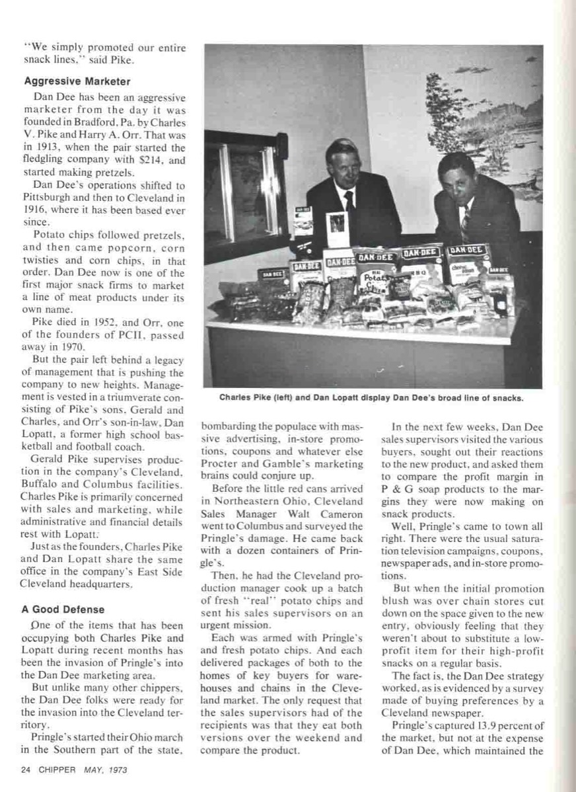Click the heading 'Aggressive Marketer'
(x=77, y=81)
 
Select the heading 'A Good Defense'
(x=63, y=609)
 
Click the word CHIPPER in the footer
(x=59, y=770)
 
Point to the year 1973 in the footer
(x=116, y=770)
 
